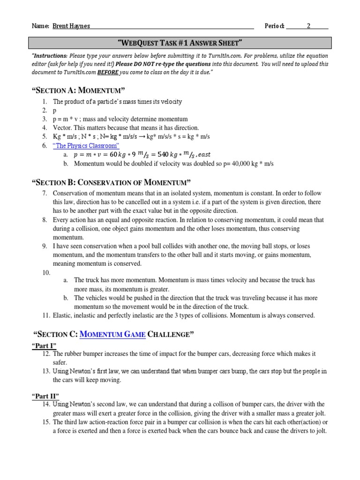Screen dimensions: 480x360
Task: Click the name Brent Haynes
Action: (x=71, y=26)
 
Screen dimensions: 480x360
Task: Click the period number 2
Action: (x=308, y=26)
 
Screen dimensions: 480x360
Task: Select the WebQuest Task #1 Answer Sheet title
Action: (x=180, y=44)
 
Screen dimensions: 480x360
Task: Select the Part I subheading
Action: (x=44, y=346)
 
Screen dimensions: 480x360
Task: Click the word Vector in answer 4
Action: (x=62, y=127)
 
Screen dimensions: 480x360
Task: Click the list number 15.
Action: (x=45, y=422)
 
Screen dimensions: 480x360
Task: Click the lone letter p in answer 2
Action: (x=55, y=110)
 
